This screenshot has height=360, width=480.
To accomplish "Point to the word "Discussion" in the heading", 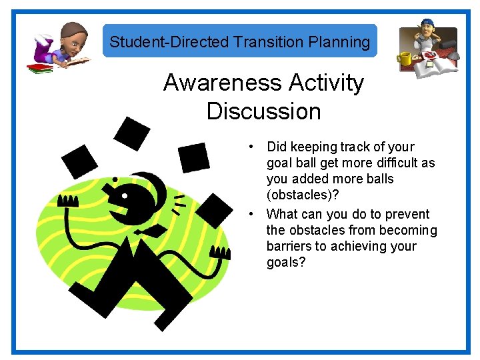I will click(x=263, y=111).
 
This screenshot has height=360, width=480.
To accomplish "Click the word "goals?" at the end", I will click(x=286, y=262).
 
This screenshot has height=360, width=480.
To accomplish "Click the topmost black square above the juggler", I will click(x=132, y=132).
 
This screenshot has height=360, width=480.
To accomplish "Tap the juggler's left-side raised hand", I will click(x=69, y=201).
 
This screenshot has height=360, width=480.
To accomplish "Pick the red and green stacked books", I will click(x=39, y=67).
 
